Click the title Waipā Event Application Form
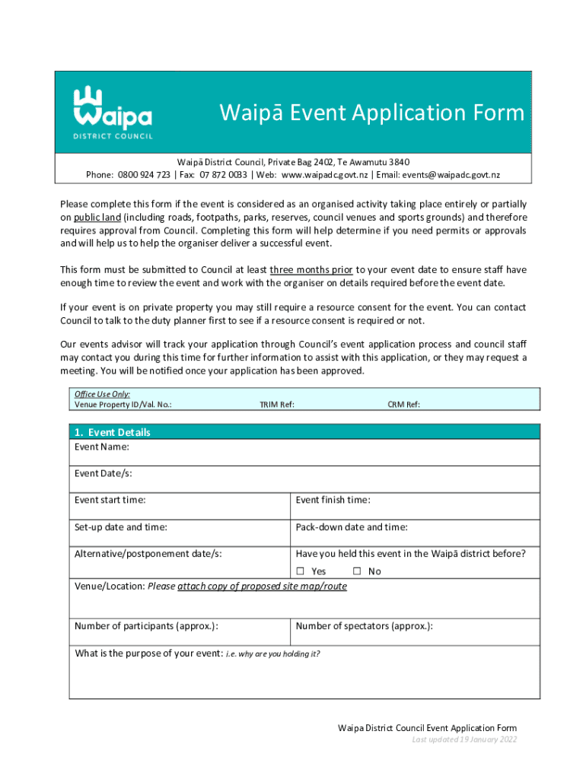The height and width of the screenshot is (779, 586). [372, 113]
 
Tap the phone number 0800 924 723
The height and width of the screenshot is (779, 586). [144, 175]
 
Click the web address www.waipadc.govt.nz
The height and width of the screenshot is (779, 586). [325, 175]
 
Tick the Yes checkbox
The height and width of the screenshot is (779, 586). [300, 571]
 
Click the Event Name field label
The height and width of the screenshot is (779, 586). [101, 447]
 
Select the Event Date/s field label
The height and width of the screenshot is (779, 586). [103, 473]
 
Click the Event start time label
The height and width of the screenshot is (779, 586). [110, 500]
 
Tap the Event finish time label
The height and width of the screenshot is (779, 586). [333, 500]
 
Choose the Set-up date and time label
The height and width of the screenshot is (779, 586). [121, 527]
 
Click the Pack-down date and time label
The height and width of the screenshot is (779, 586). [352, 527]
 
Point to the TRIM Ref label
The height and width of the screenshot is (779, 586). [277, 405]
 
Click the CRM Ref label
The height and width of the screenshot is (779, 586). [403, 405]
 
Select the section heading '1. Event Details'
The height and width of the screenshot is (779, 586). [112, 432]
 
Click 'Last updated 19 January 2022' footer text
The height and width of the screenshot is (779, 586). [464, 739]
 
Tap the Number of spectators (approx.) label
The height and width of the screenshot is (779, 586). [365, 626]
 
